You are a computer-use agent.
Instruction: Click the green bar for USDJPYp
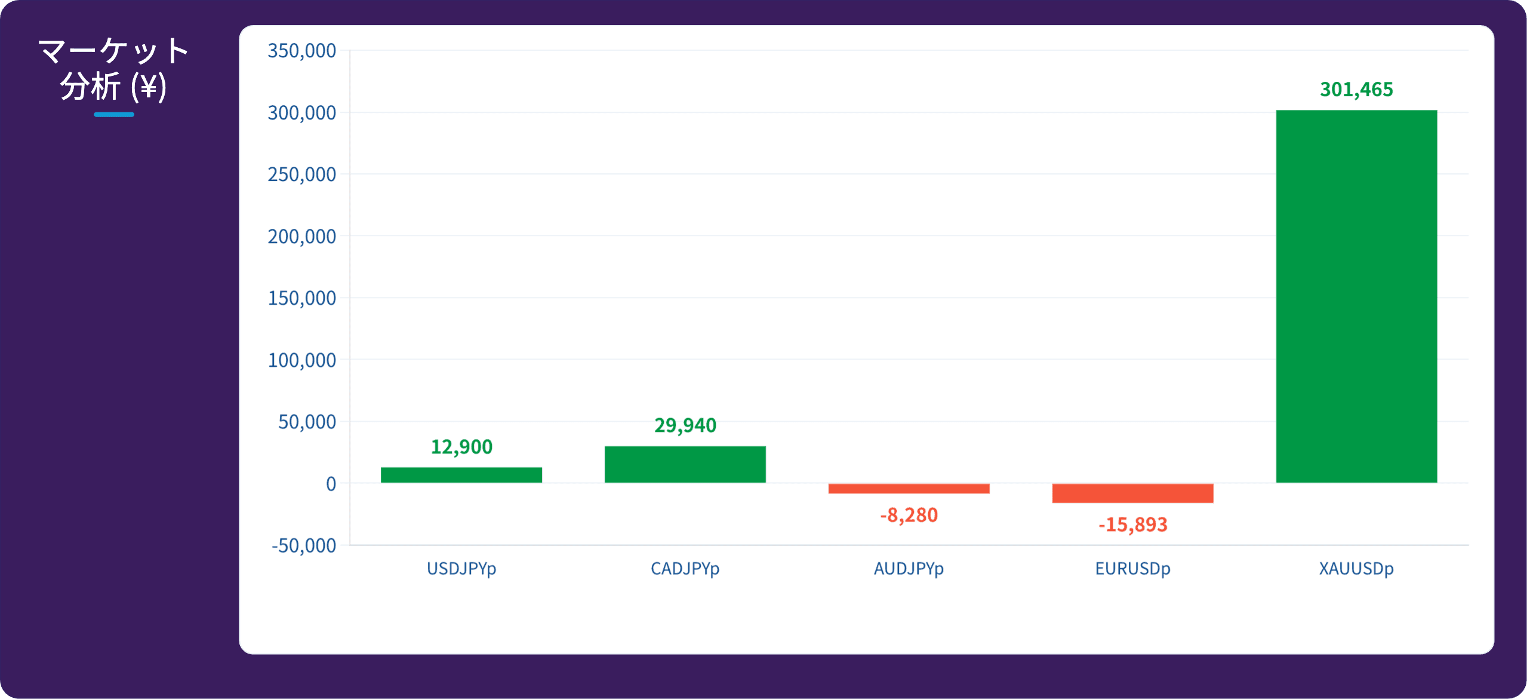[461, 475]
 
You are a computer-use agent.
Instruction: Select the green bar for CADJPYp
[685, 464]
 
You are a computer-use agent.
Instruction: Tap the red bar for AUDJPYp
[909, 489]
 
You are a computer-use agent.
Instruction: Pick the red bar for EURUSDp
[1133, 493]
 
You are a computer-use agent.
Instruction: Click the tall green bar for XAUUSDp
[1357, 296]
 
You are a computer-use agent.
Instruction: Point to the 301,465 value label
[1357, 90]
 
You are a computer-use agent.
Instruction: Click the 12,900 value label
[461, 447]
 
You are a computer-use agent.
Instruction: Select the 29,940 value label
[685, 425]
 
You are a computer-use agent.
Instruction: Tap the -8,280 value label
[909, 515]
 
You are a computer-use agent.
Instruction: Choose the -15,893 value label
[1133, 525]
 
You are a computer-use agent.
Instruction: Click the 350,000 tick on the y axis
[302, 51]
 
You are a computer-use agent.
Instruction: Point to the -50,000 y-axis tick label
[304, 545]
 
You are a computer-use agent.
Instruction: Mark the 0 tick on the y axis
[331, 484]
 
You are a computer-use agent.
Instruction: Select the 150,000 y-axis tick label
[302, 298]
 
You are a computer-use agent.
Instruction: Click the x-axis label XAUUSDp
[1357, 569]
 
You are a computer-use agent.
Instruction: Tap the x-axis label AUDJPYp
[909, 569]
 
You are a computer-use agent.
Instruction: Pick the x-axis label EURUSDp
[1133, 569]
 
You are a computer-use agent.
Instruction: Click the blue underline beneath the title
[114, 115]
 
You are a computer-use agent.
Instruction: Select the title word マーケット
[113, 51]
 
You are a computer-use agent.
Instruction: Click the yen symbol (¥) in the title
[149, 88]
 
